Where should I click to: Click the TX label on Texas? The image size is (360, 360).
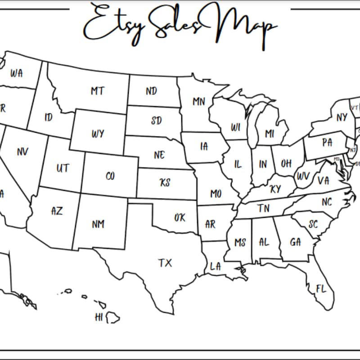165,263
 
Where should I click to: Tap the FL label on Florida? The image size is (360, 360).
321,289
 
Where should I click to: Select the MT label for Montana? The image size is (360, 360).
98,91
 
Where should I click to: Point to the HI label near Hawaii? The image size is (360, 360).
99,317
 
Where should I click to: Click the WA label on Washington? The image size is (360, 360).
16,73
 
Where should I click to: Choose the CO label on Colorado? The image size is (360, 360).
110,176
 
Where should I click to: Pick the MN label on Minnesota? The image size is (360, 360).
199,102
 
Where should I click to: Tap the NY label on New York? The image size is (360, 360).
342,117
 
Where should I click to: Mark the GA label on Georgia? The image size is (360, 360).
295,242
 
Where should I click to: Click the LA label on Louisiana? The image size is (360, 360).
216,266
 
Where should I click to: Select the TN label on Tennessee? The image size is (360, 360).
263,208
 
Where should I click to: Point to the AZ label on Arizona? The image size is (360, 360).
57,211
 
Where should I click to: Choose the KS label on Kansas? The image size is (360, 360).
165,183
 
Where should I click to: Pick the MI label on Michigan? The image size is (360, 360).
270,134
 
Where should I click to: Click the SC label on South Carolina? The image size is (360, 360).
313,224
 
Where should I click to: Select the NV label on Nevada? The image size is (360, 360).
22,152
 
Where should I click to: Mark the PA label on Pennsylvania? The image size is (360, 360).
327,143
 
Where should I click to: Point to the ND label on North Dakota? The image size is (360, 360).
151,91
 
